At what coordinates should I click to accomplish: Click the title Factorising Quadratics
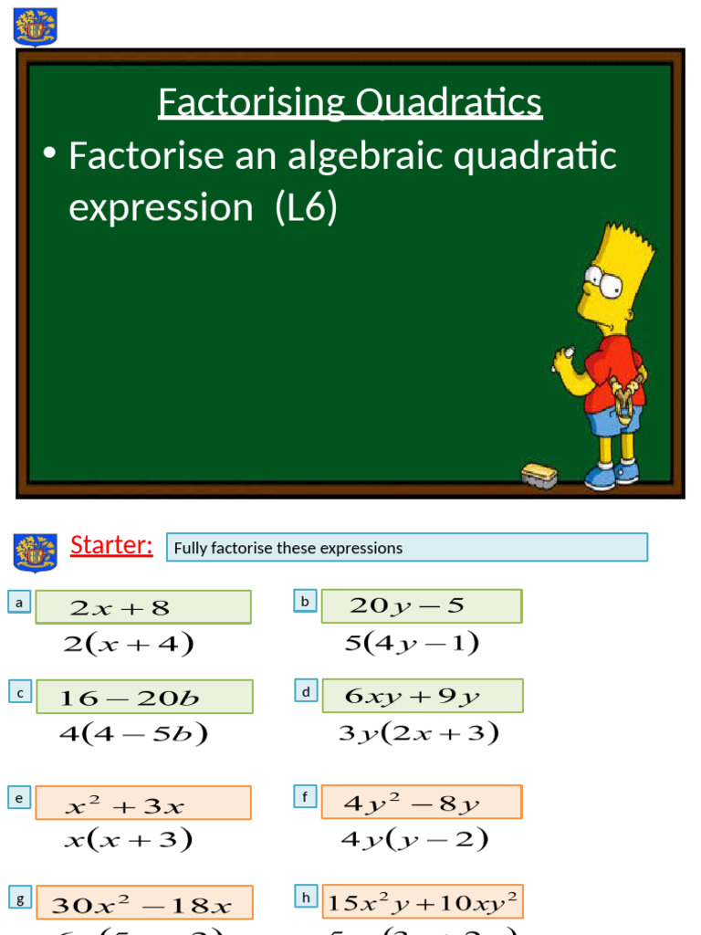click(x=350, y=102)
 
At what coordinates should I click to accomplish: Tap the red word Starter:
click(x=111, y=545)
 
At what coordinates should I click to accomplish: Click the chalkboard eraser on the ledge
click(x=539, y=474)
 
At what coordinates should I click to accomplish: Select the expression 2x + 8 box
click(x=143, y=607)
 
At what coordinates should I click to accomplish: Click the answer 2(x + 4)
click(x=129, y=645)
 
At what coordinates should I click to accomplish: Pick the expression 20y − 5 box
click(x=421, y=605)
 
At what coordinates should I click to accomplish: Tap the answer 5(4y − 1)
click(x=412, y=644)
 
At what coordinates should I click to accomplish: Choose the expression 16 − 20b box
click(x=144, y=698)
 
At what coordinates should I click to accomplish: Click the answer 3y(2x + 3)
click(x=418, y=733)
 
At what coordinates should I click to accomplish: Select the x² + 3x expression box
click(x=143, y=804)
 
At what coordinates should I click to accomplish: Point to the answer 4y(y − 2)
click(x=414, y=839)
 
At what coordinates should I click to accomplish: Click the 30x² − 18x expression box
click(x=144, y=904)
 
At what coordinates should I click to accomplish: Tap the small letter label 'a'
click(x=19, y=603)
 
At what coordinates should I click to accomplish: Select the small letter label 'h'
click(x=307, y=898)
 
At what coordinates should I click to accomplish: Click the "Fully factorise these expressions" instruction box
click(x=407, y=548)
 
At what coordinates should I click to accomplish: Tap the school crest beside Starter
click(x=36, y=552)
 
